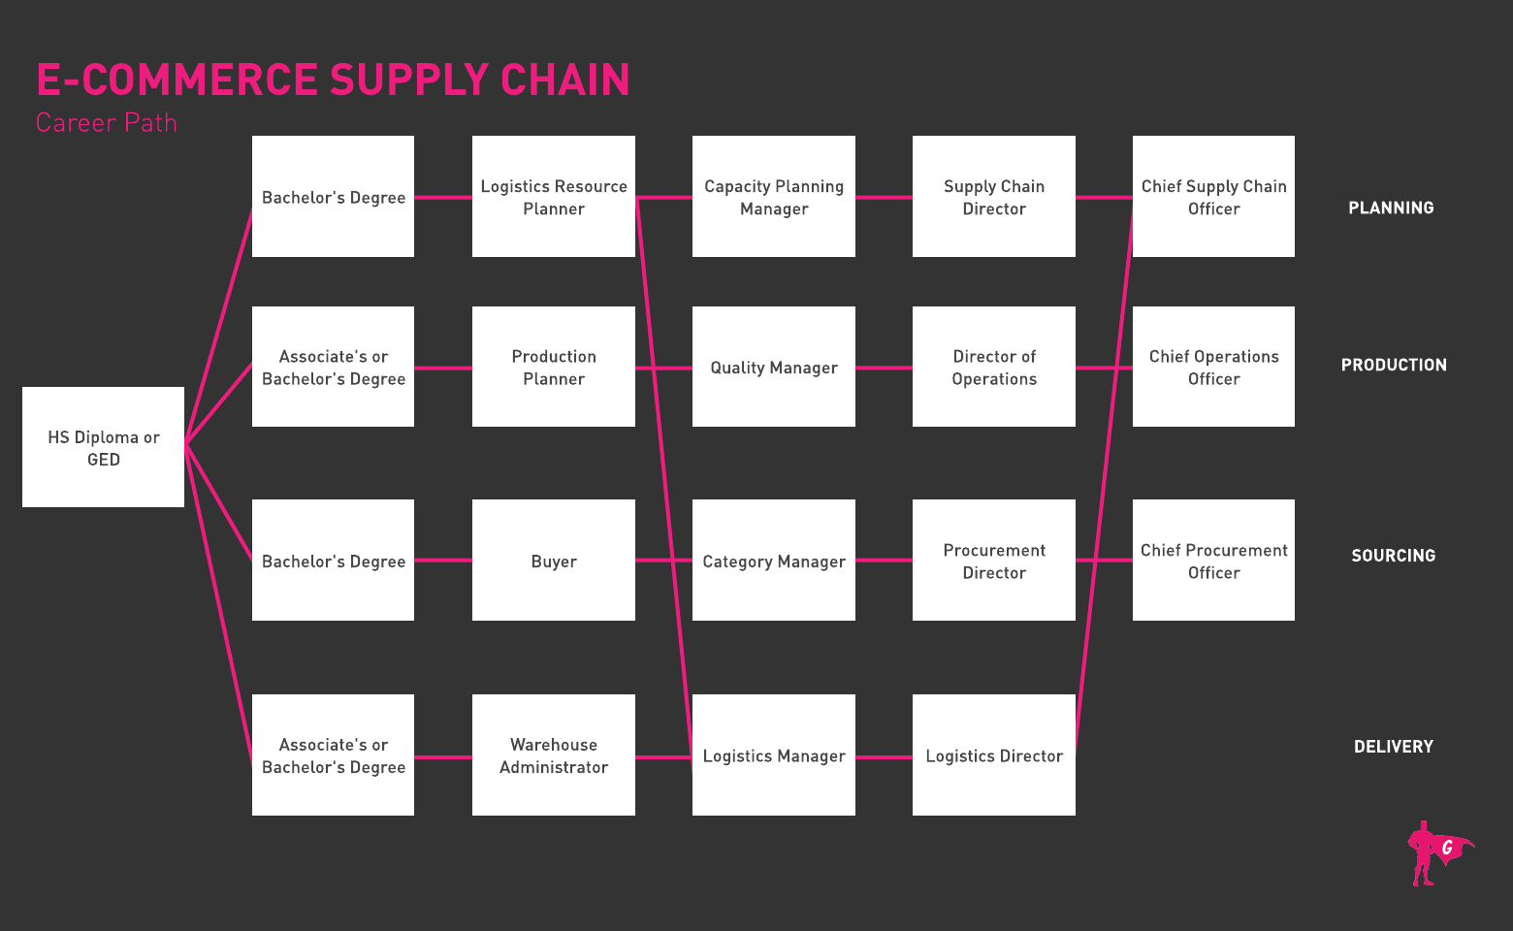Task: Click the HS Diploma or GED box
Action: coord(103,447)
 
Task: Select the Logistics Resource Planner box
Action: coord(554,197)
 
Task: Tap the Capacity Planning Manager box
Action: coord(774,197)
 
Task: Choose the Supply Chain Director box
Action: coord(994,197)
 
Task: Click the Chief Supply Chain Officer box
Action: coord(1213,197)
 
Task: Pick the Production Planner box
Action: coord(554,367)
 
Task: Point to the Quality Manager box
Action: coord(774,367)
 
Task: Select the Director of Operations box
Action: coord(994,367)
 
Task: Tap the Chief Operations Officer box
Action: coord(1213,367)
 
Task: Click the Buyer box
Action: coord(554,561)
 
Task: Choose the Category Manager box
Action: coord(774,561)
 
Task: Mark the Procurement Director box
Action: coord(994,561)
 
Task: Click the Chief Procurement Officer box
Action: coord(1213,561)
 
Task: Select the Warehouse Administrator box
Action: coord(554,755)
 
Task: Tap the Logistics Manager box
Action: coord(774,755)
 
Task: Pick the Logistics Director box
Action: coord(994,755)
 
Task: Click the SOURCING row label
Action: coord(1393,556)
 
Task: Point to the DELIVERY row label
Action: coord(1393,747)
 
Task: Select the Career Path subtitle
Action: coord(107,123)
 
